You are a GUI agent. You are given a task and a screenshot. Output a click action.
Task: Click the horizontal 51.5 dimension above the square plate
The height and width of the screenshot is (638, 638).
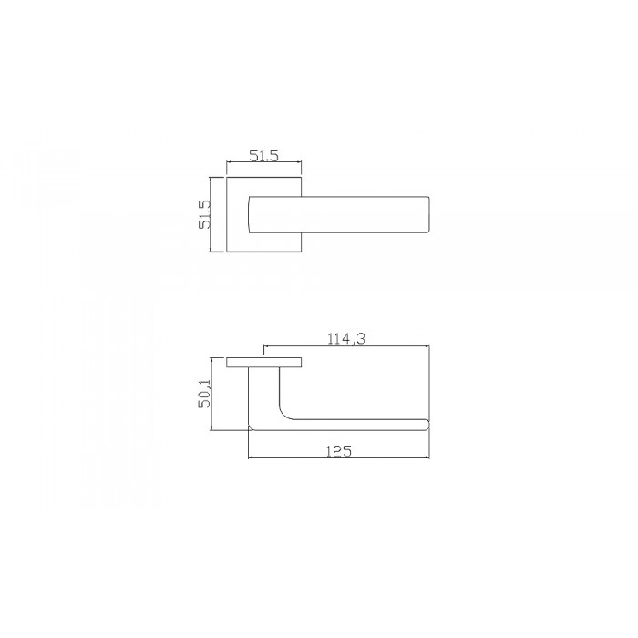click(263, 156)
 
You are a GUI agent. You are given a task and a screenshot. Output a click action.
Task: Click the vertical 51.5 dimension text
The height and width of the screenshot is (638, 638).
click(205, 214)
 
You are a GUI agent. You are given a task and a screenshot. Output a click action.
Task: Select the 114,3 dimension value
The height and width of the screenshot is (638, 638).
click(346, 338)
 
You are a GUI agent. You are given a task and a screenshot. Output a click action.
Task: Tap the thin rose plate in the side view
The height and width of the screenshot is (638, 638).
click(264, 363)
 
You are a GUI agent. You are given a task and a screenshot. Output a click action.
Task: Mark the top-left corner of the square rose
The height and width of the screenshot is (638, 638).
click(226, 176)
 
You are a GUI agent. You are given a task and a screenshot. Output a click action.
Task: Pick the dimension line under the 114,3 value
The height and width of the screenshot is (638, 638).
click(346, 346)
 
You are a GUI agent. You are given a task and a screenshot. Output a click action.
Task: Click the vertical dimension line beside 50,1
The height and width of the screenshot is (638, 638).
click(212, 393)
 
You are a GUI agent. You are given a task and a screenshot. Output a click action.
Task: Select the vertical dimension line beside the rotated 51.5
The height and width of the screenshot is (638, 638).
click(212, 214)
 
